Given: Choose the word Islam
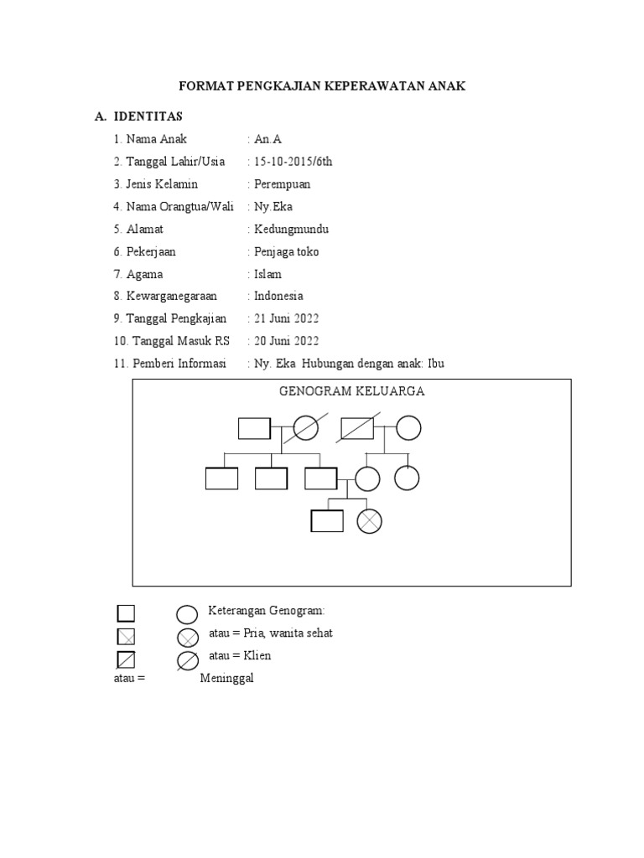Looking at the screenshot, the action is click(x=268, y=274).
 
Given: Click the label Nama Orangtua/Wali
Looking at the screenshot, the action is click(x=180, y=207).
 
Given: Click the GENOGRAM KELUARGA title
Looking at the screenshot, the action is click(x=351, y=391).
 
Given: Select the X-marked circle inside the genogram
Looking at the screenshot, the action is click(x=369, y=521).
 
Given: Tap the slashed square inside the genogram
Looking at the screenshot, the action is click(x=356, y=428).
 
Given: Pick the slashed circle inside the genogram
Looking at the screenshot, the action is click(x=305, y=428).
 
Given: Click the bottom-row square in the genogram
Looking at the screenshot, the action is click(x=327, y=521).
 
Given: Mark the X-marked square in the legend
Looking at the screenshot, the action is click(x=126, y=638).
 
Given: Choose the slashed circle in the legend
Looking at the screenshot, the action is click(x=188, y=660).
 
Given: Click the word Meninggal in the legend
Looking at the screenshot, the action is click(x=226, y=679).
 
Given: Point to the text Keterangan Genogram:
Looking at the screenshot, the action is click(x=260, y=611).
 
